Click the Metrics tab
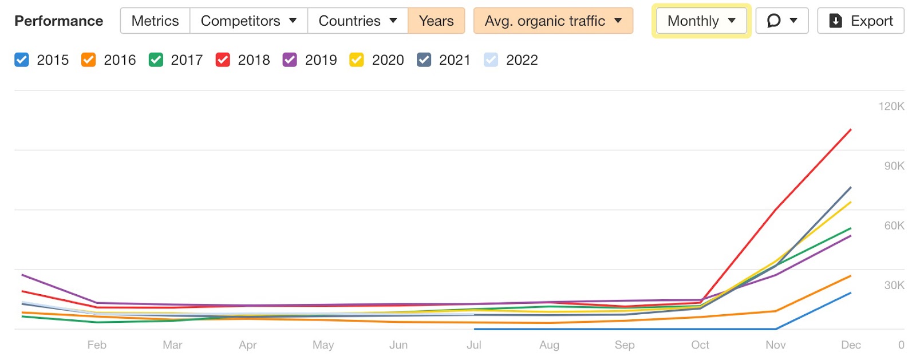pyautogui.click(x=155, y=21)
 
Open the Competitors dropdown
pyautogui.click(x=248, y=21)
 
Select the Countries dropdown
pyautogui.click(x=357, y=21)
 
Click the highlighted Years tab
pyautogui.click(x=436, y=21)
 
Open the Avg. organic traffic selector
pyautogui.click(x=552, y=21)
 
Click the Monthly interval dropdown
pyautogui.click(x=701, y=21)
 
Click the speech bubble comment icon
pyautogui.click(x=774, y=21)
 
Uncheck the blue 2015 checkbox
pyautogui.click(x=22, y=60)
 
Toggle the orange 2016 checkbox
pyautogui.click(x=89, y=60)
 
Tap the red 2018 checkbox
pyautogui.click(x=223, y=60)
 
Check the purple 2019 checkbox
pyautogui.click(x=290, y=60)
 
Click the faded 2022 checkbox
pyautogui.click(x=491, y=60)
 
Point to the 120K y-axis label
pyautogui.click(x=891, y=106)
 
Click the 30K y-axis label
pyautogui.click(x=894, y=285)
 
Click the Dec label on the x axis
pyautogui.click(x=851, y=345)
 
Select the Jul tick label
pyautogui.click(x=473, y=345)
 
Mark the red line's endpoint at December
pyautogui.click(x=851, y=130)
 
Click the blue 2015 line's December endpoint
pyautogui.click(x=851, y=293)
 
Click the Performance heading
pyautogui.click(x=58, y=21)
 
